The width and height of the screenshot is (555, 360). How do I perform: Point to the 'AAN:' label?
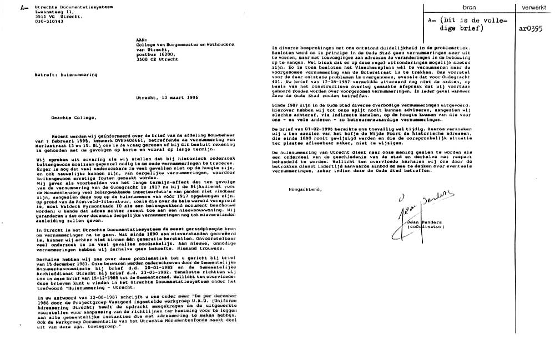pos(141,39)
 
